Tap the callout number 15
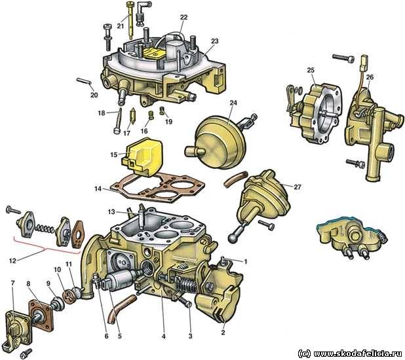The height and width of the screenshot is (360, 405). [114, 155]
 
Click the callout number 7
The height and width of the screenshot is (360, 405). [12, 283]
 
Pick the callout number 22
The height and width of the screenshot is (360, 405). [183, 17]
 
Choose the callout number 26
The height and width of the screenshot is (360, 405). [370, 77]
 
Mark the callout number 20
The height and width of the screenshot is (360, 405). [94, 95]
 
